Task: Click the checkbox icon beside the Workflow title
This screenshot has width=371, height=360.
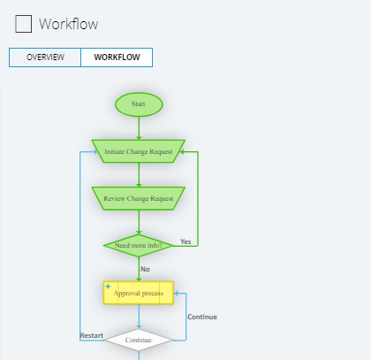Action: [x=24, y=24]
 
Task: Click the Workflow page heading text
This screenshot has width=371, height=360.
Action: [x=69, y=25]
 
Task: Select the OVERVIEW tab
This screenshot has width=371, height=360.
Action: [x=45, y=57]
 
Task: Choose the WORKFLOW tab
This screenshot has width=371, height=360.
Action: [x=117, y=57]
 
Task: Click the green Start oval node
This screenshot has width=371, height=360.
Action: [x=139, y=104]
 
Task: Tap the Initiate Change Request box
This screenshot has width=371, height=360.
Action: [x=139, y=151]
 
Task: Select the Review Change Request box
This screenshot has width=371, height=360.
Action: [x=139, y=198]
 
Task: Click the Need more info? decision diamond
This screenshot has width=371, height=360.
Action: [x=138, y=245]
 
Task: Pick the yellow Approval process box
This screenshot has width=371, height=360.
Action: [x=139, y=293]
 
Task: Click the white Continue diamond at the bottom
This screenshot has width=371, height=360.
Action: [x=139, y=340]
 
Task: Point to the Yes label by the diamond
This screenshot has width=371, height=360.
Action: [x=185, y=241]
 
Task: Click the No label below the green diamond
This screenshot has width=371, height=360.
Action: [x=145, y=269]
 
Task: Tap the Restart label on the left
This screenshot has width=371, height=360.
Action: [x=92, y=335]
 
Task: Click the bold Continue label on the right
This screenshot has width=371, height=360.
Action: [x=201, y=317]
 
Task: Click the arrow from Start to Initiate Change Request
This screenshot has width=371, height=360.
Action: [x=139, y=127]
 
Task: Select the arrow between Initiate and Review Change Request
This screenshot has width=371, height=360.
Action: [x=139, y=174]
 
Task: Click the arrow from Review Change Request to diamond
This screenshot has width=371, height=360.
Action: [x=139, y=222]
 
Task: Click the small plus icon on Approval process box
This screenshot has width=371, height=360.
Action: [x=109, y=287]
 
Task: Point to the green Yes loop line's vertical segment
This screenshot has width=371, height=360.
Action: [x=198, y=199]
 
